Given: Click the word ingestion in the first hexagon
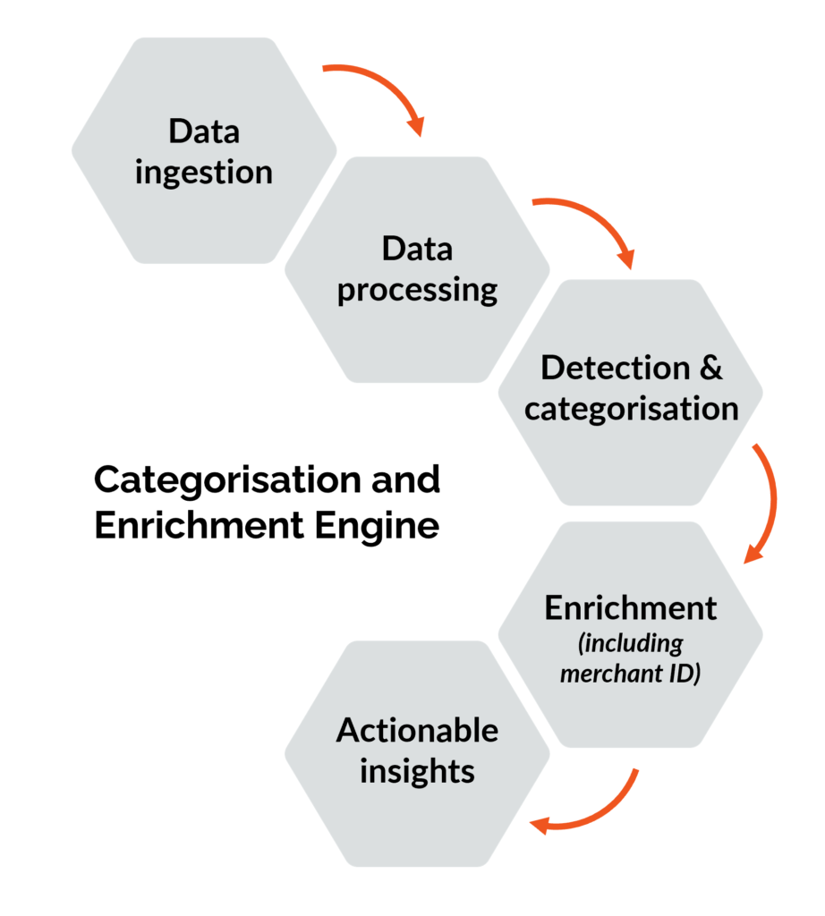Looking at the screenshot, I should point(204,172).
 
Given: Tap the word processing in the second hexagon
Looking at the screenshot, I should point(417,292).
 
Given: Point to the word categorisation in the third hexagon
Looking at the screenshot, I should point(631,409).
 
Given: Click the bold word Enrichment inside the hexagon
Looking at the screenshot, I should point(631,607).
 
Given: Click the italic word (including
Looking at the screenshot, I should point(631,643).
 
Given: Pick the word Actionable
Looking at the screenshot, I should point(417,730).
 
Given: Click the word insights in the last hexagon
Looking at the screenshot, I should point(417,771).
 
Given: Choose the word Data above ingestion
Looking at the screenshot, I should point(204,131).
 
